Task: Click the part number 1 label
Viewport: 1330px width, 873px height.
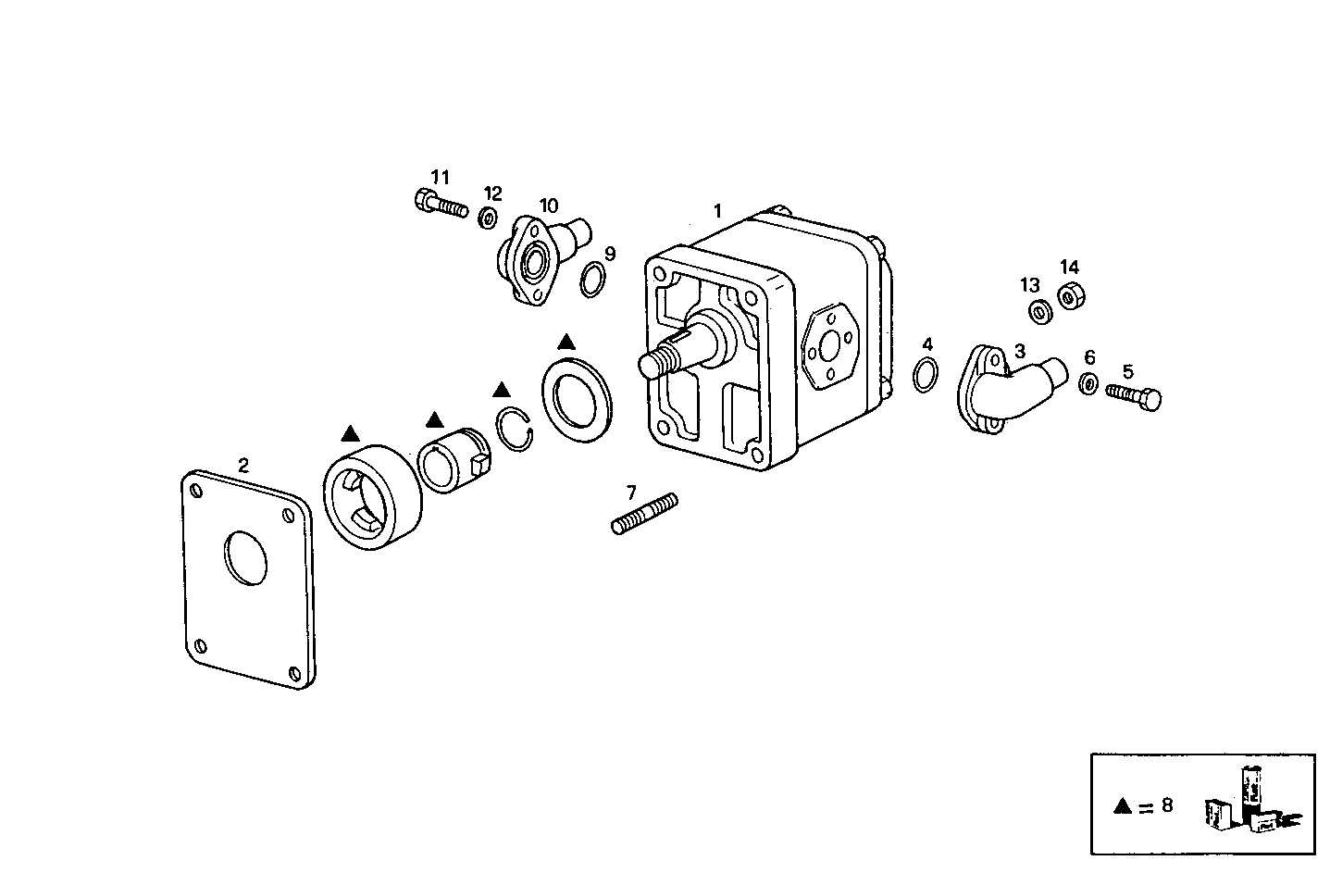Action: [x=716, y=211]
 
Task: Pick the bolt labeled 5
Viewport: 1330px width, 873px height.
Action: [x=1134, y=396]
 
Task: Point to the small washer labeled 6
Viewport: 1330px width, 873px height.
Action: [x=1089, y=382]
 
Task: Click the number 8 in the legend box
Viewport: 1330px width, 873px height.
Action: [x=1166, y=804]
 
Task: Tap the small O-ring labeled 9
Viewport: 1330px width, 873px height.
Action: [x=593, y=280]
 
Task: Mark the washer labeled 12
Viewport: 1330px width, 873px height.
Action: [x=487, y=218]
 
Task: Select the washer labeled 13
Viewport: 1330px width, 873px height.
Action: [x=1039, y=311]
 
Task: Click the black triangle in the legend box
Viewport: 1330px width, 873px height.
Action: [x=1123, y=805]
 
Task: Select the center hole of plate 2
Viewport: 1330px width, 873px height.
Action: [x=245, y=556]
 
